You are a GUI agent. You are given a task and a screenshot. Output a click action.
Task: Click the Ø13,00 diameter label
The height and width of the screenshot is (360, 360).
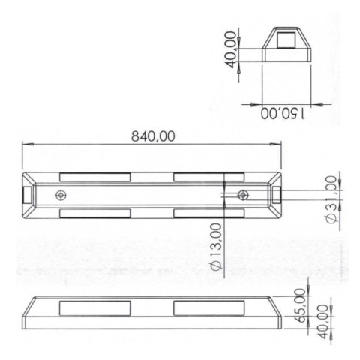click(x=216, y=247)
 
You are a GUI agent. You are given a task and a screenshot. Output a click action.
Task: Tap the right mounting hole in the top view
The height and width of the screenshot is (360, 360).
click(x=242, y=196)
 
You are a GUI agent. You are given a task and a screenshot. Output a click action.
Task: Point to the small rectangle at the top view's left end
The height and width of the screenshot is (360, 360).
click(x=28, y=196)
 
